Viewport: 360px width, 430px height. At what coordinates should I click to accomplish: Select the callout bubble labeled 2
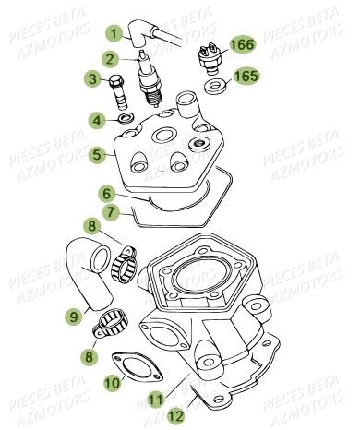point(109,59)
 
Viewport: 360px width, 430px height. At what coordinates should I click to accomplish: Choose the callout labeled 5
point(97,156)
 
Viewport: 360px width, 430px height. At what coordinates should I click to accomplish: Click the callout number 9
point(71,317)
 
